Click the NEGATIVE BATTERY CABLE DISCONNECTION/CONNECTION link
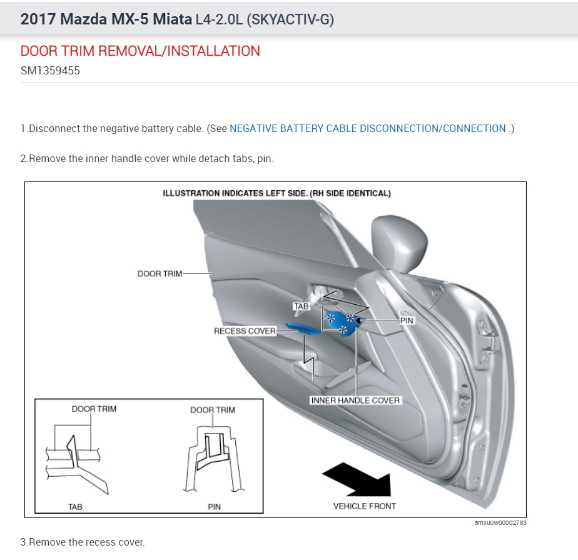[368, 128]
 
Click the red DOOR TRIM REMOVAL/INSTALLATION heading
[140, 51]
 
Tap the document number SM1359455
[50, 71]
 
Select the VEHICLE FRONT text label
[365, 506]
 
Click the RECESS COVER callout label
[245, 331]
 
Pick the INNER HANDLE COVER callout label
[355, 400]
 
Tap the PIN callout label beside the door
[407, 321]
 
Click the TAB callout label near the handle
[301, 307]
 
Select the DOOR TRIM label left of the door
[160, 273]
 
